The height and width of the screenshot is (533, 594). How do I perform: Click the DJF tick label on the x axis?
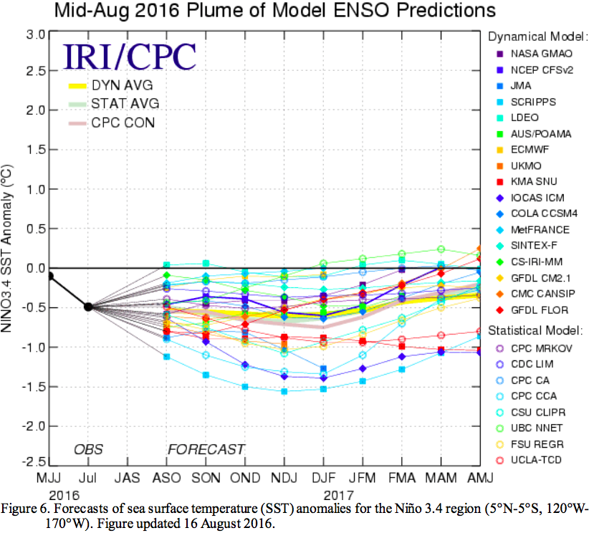[324, 476]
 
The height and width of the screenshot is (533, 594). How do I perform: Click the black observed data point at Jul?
[88, 307]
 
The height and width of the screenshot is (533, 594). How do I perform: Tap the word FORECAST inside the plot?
[206, 450]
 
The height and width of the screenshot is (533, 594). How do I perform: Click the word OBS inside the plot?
[88, 450]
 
